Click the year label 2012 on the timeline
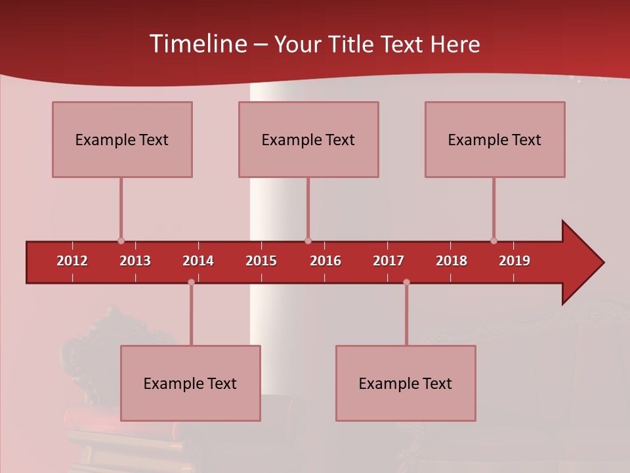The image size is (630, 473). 72,261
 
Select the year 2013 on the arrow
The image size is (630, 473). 135,261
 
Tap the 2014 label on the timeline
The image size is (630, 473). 198,261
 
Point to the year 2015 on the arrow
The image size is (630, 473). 261,261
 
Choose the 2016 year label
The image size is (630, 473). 325,261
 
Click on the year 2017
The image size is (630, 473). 388,261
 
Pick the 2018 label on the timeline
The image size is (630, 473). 451,261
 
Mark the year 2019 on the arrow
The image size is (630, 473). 514,261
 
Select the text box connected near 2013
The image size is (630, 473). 122,139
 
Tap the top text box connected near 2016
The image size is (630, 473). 308,139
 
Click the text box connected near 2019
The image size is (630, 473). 495,139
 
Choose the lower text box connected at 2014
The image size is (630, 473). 190,383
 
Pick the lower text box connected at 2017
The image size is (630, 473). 406,383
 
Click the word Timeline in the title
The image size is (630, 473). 198,44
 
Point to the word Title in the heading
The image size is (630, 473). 352,45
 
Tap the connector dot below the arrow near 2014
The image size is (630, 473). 191,282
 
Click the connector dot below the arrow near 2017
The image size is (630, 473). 406,282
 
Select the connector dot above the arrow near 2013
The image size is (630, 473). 121,240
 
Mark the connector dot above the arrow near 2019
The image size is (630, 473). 493,240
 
